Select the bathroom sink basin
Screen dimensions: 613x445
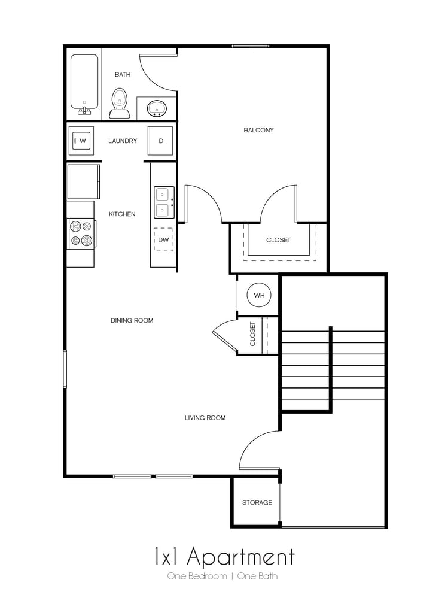(157, 109)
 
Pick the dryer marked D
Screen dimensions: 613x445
(160, 141)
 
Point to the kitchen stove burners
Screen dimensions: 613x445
(81, 234)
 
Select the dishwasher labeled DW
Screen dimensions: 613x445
(163, 240)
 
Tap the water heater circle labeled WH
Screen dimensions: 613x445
(259, 296)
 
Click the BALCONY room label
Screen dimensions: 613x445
(258, 130)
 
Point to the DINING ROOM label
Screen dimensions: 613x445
(132, 321)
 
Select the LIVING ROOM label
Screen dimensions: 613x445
(205, 418)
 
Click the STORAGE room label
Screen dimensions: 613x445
(257, 503)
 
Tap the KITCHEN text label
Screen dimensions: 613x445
(122, 214)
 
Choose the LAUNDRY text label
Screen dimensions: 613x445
(123, 141)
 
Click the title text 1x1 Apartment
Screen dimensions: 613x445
(224, 557)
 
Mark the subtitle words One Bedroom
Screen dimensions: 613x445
(197, 576)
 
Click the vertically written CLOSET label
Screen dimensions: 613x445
(253, 334)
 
